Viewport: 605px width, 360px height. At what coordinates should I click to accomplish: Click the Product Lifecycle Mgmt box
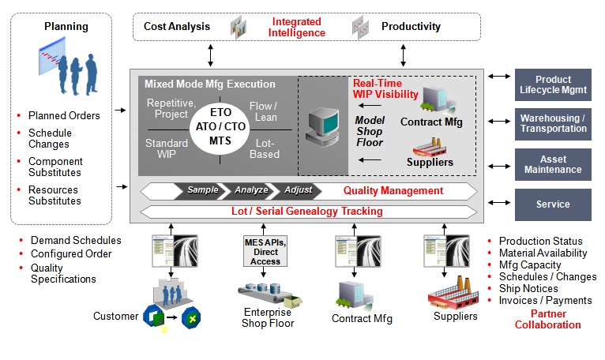tap(553, 85)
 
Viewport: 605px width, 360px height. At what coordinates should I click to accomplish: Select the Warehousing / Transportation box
tap(553, 124)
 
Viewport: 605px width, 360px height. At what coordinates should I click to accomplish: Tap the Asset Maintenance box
tap(553, 164)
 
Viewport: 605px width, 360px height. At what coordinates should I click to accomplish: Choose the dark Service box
tap(553, 204)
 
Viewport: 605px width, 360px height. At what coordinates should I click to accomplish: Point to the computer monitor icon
tap(322, 126)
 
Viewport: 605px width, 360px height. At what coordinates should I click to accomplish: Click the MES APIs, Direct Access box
tap(265, 252)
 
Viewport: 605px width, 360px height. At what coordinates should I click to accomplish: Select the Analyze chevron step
tap(251, 190)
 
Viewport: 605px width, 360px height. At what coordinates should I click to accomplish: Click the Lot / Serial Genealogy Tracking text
tap(306, 211)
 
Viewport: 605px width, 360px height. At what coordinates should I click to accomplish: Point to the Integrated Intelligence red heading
tap(296, 27)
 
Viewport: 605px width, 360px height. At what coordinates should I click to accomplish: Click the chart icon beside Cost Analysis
tap(239, 27)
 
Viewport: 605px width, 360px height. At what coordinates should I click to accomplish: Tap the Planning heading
tap(66, 26)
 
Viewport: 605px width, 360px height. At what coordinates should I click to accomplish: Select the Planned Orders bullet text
tap(64, 115)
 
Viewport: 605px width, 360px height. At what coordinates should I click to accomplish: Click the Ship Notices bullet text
tap(528, 289)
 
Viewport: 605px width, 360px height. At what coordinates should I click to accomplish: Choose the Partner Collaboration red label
tap(548, 319)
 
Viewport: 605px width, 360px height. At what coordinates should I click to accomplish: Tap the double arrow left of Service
tap(499, 203)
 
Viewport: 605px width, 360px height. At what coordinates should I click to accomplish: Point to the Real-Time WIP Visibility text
tap(385, 88)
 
